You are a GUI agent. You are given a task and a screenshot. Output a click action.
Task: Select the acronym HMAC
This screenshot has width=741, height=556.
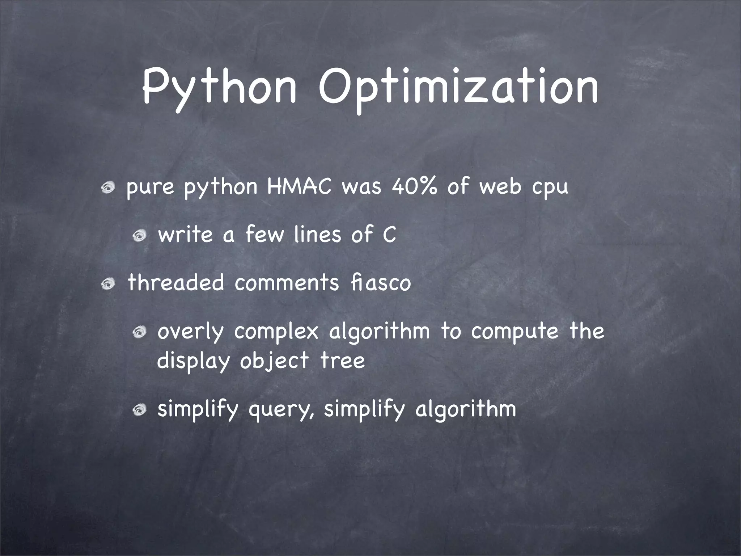click(x=299, y=187)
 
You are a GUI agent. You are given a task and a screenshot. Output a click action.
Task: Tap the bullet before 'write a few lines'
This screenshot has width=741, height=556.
click(x=139, y=236)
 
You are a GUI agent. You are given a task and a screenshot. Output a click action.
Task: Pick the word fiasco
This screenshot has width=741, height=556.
click(x=381, y=283)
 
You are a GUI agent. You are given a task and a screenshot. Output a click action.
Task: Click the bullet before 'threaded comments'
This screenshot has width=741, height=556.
click(x=108, y=284)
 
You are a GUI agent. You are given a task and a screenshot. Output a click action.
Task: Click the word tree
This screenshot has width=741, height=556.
click(x=343, y=361)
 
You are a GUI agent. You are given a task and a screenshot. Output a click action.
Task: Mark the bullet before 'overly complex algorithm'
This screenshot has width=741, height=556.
click(x=139, y=332)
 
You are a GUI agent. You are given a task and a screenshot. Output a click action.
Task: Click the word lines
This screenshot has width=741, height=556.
click(x=317, y=235)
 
